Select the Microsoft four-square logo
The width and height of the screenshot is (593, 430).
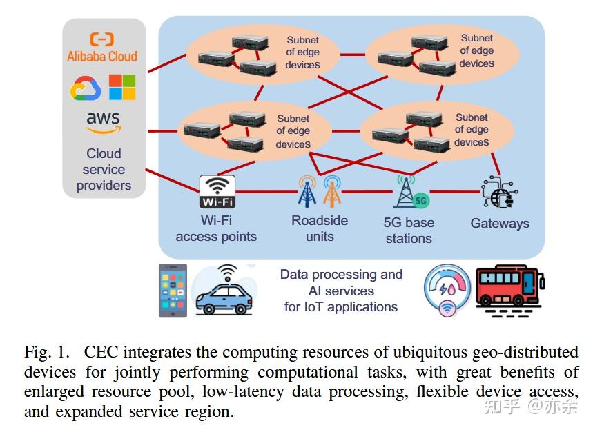click(122, 88)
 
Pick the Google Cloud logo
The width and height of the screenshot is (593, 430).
click(86, 88)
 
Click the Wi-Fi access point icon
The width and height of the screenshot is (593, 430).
click(217, 191)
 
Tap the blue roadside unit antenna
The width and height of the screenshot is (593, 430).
click(307, 191)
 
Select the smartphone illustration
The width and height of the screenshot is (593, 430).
click(173, 290)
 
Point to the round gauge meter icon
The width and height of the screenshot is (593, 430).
click(447, 290)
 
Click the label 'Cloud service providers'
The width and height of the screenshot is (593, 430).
click(104, 170)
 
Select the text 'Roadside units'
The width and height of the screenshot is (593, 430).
click(320, 228)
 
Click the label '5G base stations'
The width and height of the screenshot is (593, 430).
click(409, 231)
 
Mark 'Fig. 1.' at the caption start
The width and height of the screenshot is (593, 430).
click(46, 351)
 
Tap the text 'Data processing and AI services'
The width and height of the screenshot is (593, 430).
click(341, 282)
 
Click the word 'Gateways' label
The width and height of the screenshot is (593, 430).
click(500, 223)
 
